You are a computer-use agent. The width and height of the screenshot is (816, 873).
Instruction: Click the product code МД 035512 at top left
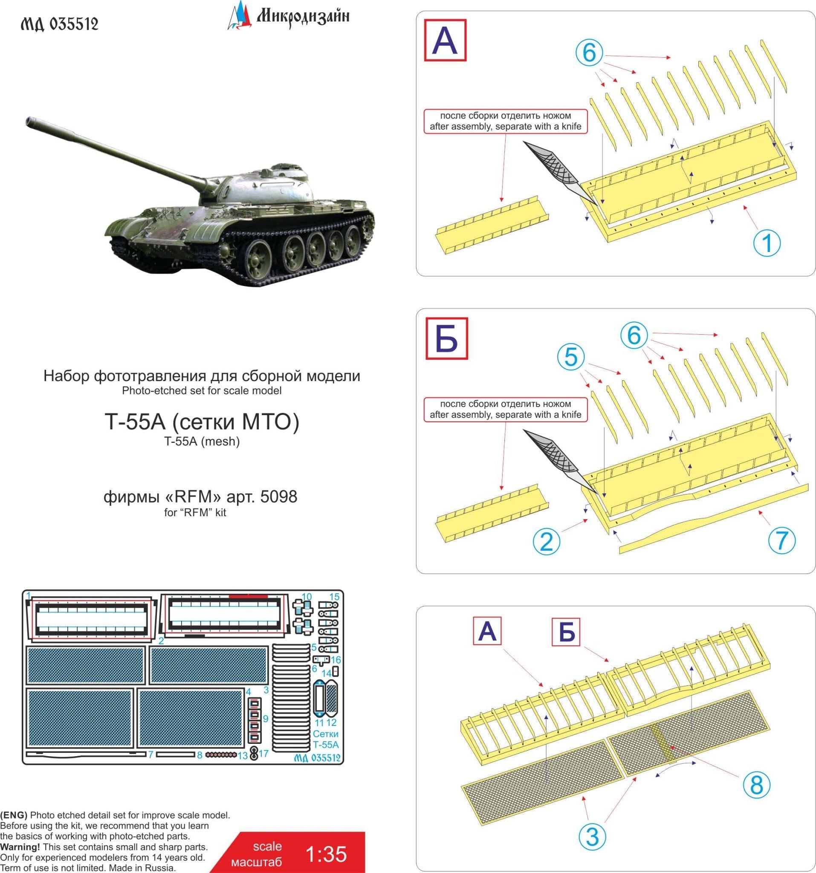60,24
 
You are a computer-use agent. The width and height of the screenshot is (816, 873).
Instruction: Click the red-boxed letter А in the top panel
445,40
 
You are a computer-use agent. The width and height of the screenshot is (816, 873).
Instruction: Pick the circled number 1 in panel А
767,243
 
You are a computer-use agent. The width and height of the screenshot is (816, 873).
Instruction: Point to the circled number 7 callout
782,540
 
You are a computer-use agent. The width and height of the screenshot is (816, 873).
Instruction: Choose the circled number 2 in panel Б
546,541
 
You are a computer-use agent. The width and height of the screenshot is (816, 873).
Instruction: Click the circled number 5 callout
570,357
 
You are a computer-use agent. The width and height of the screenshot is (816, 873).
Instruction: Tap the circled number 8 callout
756,784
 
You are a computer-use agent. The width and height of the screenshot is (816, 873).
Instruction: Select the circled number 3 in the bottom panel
592,836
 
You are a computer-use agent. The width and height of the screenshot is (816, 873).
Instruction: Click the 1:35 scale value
325,854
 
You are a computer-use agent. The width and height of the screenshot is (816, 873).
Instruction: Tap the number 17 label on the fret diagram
263,754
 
